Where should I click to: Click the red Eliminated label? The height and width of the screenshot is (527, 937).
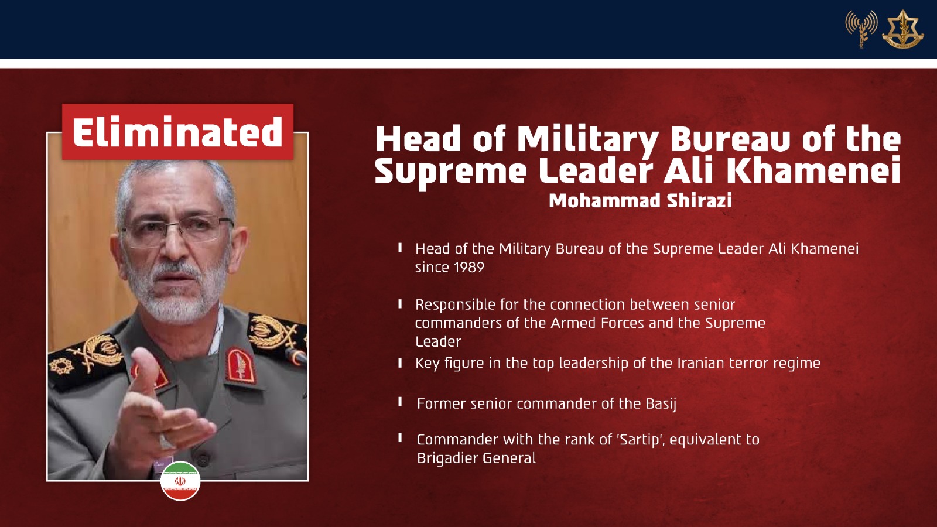click(x=178, y=132)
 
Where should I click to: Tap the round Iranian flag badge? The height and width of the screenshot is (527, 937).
click(x=180, y=481)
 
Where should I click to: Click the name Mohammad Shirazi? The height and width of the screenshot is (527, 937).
click(x=641, y=200)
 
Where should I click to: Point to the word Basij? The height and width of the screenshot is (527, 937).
click(x=661, y=404)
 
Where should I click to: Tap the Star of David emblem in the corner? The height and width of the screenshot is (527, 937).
click(x=903, y=29)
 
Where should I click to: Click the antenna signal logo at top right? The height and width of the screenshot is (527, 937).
click(x=861, y=29)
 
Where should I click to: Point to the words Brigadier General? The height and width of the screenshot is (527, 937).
click(x=477, y=458)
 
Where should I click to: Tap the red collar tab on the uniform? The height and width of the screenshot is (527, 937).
click(x=241, y=365)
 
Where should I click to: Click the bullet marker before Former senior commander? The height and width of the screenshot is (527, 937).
click(x=401, y=402)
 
